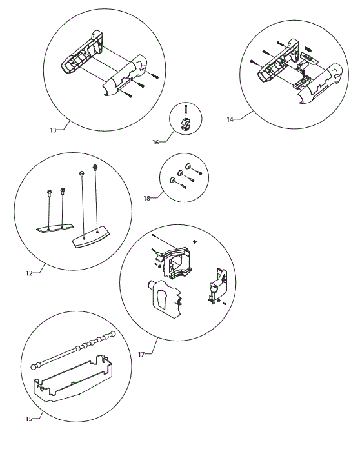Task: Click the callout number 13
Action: [x=53, y=130]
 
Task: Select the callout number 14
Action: [x=230, y=119]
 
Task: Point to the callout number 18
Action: [x=147, y=198]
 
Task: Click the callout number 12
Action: [x=29, y=273]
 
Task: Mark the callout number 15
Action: [x=29, y=419]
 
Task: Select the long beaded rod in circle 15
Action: [x=74, y=350]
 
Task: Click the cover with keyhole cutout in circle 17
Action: [x=164, y=300]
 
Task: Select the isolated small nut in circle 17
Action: [x=195, y=242]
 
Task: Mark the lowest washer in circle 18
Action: [x=173, y=181]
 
